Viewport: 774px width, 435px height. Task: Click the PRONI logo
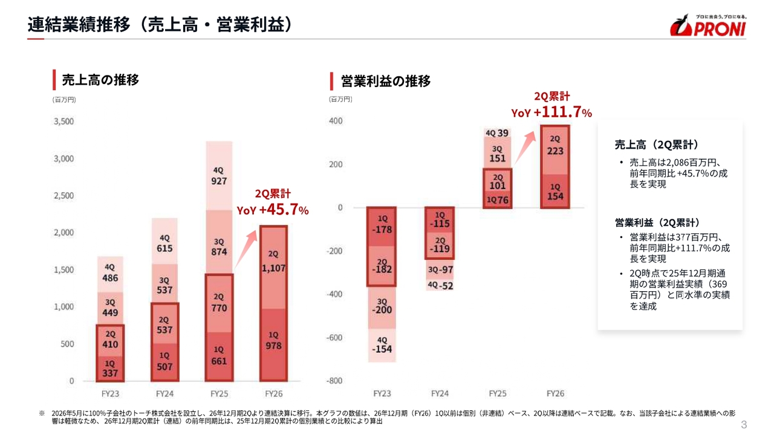[707, 25]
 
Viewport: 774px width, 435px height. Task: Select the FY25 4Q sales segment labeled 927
[219, 176]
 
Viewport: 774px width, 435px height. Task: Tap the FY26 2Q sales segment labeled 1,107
[273, 268]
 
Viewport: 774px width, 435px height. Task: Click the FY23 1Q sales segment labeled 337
[110, 369]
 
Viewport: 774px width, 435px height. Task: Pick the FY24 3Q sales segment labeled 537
[164, 283]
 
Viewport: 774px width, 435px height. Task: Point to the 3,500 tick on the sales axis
[64, 121]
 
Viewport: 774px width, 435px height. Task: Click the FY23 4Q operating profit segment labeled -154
[382, 345]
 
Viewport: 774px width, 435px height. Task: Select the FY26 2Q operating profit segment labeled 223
[555, 150]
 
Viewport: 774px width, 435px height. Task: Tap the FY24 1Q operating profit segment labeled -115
[440, 220]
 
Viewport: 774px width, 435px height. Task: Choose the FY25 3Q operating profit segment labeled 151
[497, 153]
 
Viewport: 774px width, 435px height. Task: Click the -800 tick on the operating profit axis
[334, 381]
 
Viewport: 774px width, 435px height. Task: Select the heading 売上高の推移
[100, 80]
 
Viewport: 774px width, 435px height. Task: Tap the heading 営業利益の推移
[386, 81]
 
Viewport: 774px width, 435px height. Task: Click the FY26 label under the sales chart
[274, 393]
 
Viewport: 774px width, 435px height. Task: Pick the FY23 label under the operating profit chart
[382, 393]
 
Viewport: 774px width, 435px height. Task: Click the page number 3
[744, 424]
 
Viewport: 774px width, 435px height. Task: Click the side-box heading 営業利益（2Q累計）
[657, 223]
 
